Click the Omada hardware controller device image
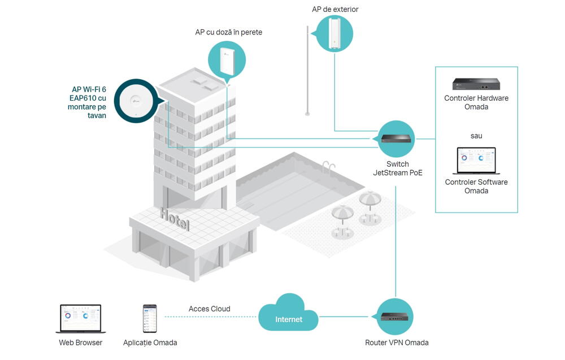[x=476, y=85]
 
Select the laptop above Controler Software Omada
[x=476, y=162]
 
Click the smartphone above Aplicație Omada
[x=150, y=319]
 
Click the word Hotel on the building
[x=175, y=220]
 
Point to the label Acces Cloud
[x=209, y=309]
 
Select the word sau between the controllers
[x=476, y=136]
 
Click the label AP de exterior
[x=335, y=10]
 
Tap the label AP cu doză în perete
[x=228, y=32]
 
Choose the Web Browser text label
[x=81, y=342]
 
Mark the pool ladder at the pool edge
[x=328, y=167]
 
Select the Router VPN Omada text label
[x=397, y=342]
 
